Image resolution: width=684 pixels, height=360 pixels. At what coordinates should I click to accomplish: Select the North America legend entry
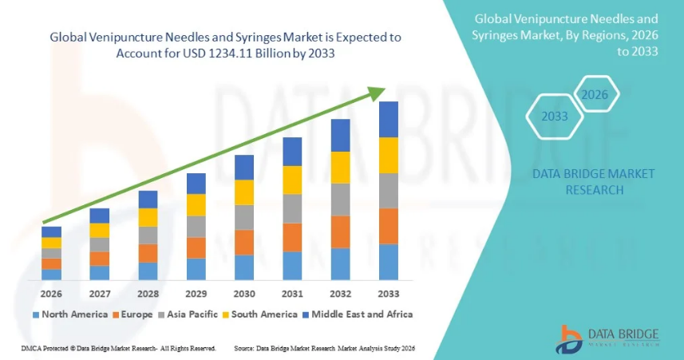pos(69,315)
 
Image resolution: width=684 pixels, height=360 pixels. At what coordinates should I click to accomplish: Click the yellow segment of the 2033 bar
pos(388,155)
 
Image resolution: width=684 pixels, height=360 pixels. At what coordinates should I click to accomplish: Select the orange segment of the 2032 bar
pos(340,231)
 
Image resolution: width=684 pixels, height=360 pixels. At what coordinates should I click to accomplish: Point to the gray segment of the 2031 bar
pos(292,208)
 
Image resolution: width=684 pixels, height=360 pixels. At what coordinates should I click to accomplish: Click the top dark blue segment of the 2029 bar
pos(196,183)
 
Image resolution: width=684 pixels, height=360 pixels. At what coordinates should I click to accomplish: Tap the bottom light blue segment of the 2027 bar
pos(100,273)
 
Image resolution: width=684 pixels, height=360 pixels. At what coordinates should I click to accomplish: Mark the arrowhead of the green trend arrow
pos(376,93)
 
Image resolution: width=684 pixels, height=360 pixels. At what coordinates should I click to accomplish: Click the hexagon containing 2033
pos(554,117)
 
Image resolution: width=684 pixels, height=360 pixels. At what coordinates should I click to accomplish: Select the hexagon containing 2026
pos(595,95)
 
